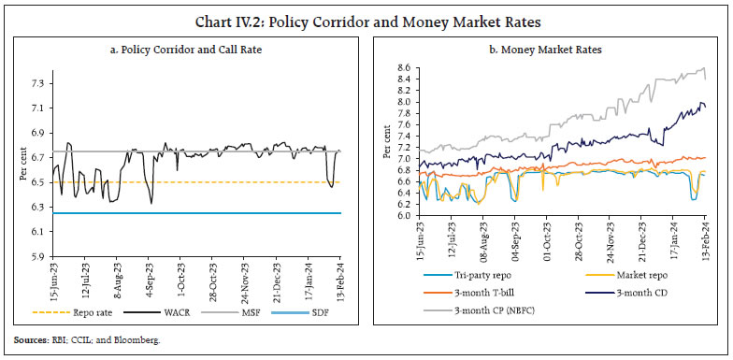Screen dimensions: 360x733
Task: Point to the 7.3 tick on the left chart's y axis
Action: pyautogui.click(x=38, y=84)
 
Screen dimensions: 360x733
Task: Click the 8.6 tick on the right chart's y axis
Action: pyautogui.click(x=403, y=68)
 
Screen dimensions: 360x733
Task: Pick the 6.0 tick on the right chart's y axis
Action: pyautogui.click(x=403, y=215)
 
